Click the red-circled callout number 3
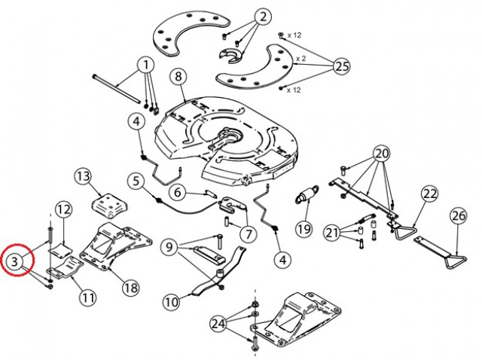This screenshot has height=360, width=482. [x=15, y=261]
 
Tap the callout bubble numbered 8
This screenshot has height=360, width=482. [x=179, y=76]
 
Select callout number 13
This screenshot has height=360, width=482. [x=84, y=177]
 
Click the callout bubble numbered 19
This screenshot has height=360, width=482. [x=304, y=228]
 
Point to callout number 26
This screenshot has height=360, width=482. [x=459, y=216]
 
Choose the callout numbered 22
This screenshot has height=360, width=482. [x=429, y=194]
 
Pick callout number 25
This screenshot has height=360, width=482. [x=342, y=66]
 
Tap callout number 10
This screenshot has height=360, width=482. [x=172, y=301]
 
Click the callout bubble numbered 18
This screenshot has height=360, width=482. [x=130, y=288]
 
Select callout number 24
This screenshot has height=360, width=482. [x=218, y=324]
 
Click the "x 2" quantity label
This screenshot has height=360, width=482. [x=301, y=59]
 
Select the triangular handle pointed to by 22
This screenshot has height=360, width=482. [x=405, y=233]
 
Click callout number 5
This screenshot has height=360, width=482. [x=136, y=181]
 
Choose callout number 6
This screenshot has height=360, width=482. [x=178, y=193]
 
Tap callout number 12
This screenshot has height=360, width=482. [x=64, y=209]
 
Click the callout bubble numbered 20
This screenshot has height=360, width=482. [x=382, y=154]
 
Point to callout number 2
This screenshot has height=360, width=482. [x=264, y=17]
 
